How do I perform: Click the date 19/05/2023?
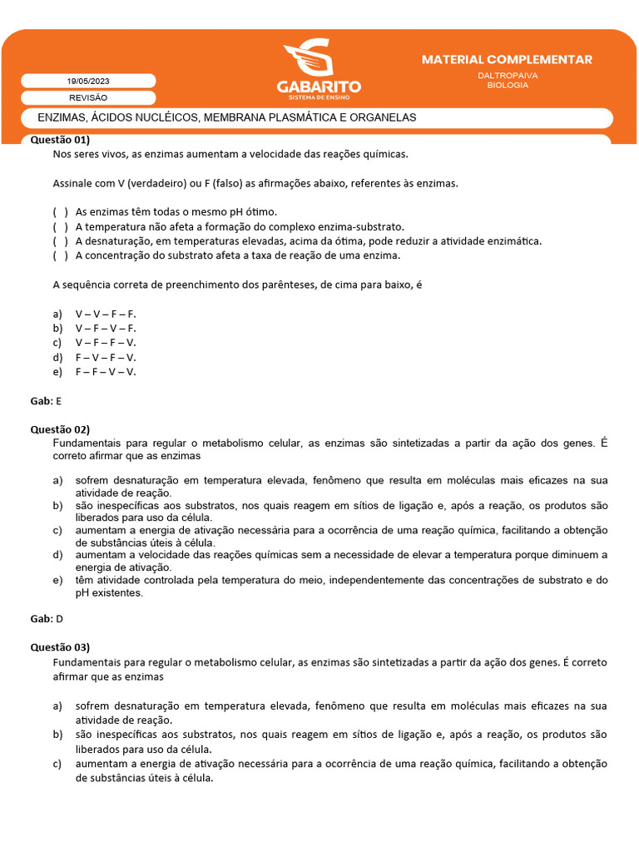(x=87, y=81)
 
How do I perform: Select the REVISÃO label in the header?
(x=87, y=97)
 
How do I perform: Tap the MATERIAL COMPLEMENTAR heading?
(x=507, y=60)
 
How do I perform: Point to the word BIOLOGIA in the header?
(x=508, y=85)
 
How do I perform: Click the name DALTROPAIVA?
(x=508, y=75)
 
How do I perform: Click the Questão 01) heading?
(x=60, y=140)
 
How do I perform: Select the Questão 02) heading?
(x=60, y=429)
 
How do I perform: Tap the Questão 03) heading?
(x=60, y=647)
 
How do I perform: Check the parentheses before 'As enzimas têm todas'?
(x=60, y=212)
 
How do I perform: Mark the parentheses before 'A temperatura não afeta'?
(x=60, y=226)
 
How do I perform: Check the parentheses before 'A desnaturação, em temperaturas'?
(x=60, y=241)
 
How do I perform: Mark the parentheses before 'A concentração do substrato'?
(x=60, y=255)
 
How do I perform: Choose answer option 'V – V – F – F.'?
(x=105, y=314)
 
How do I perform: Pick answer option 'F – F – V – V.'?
(x=105, y=372)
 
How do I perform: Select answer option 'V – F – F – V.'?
(x=105, y=343)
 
